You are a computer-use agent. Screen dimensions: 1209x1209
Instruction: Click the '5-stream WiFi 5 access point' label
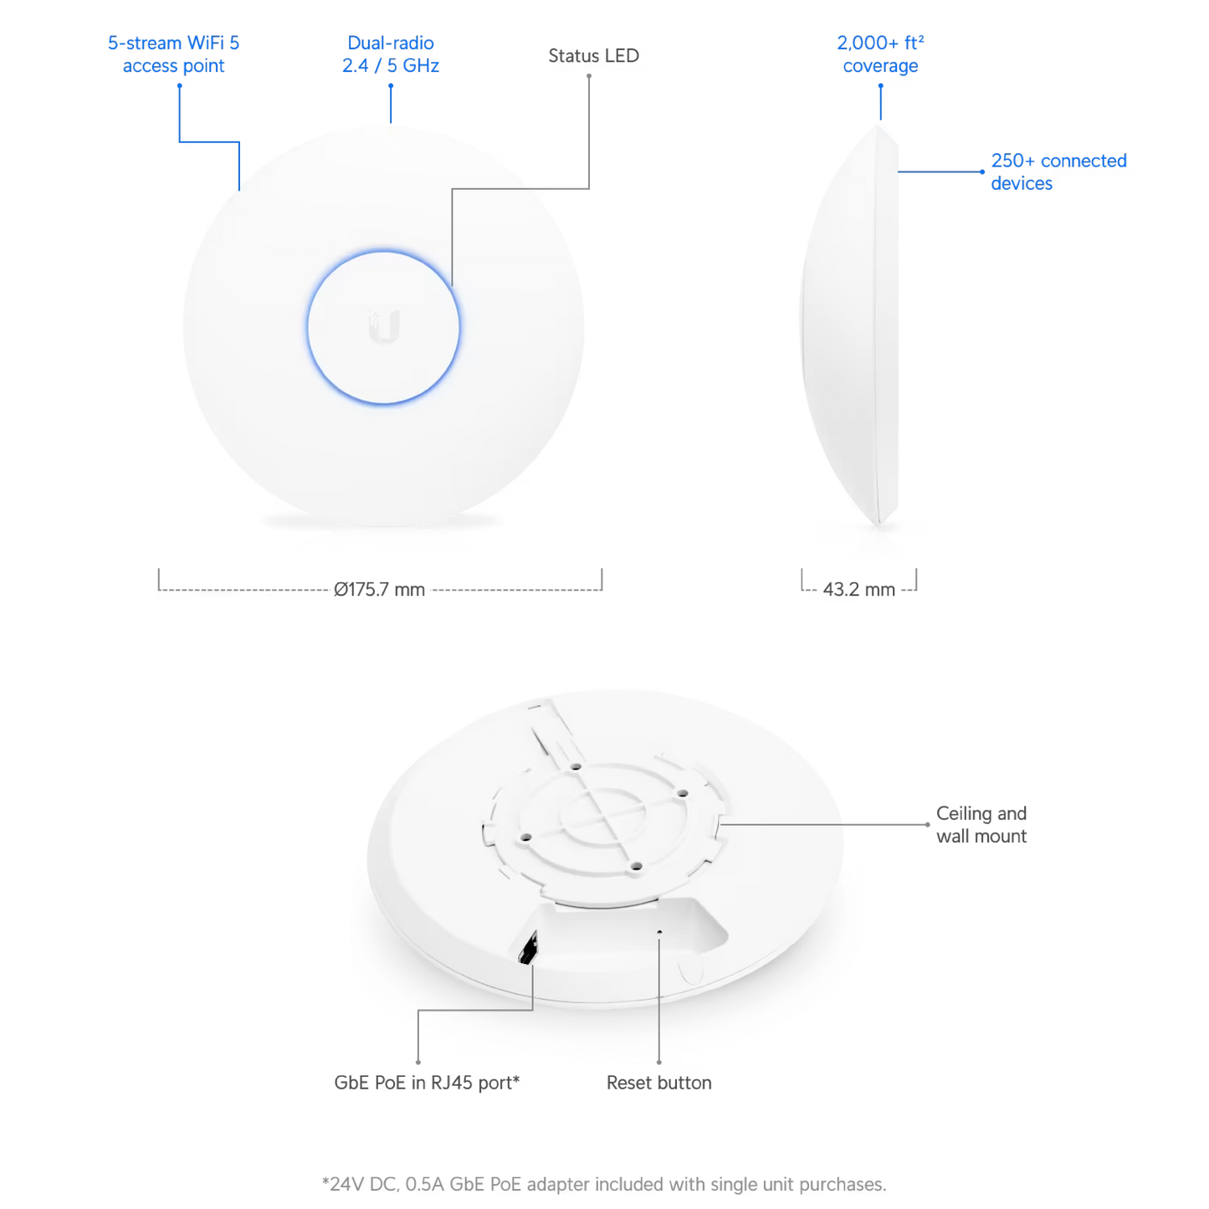click(173, 54)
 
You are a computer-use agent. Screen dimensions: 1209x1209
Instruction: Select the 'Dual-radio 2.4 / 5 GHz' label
click(390, 54)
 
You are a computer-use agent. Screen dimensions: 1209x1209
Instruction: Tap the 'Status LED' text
click(593, 56)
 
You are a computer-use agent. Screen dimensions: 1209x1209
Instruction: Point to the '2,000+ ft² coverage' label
click(880, 54)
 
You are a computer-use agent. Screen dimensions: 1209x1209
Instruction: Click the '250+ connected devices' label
click(1058, 172)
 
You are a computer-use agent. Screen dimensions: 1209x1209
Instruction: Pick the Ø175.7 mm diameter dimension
click(380, 589)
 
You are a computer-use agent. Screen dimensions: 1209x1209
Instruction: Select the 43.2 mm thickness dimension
click(859, 589)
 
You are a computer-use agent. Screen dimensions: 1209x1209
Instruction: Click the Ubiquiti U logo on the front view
click(383, 327)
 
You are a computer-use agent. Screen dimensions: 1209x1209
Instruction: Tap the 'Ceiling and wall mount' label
click(981, 824)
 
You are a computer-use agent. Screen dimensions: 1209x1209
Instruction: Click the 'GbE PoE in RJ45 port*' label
click(427, 1083)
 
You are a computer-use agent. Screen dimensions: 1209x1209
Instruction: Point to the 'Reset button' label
click(658, 1083)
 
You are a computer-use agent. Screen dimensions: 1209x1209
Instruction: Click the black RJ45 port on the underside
click(528, 947)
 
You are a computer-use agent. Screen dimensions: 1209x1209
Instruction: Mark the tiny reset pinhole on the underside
click(658, 932)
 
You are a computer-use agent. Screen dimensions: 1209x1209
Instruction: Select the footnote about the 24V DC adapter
click(604, 1184)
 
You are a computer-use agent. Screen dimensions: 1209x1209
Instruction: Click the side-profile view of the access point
click(849, 325)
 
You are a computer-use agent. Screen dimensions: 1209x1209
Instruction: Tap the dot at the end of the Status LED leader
click(588, 76)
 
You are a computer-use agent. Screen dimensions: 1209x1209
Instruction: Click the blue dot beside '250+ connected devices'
click(982, 172)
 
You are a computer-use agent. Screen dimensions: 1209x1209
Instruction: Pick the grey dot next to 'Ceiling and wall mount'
click(927, 824)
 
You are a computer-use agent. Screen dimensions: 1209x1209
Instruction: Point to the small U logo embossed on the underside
click(690, 971)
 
